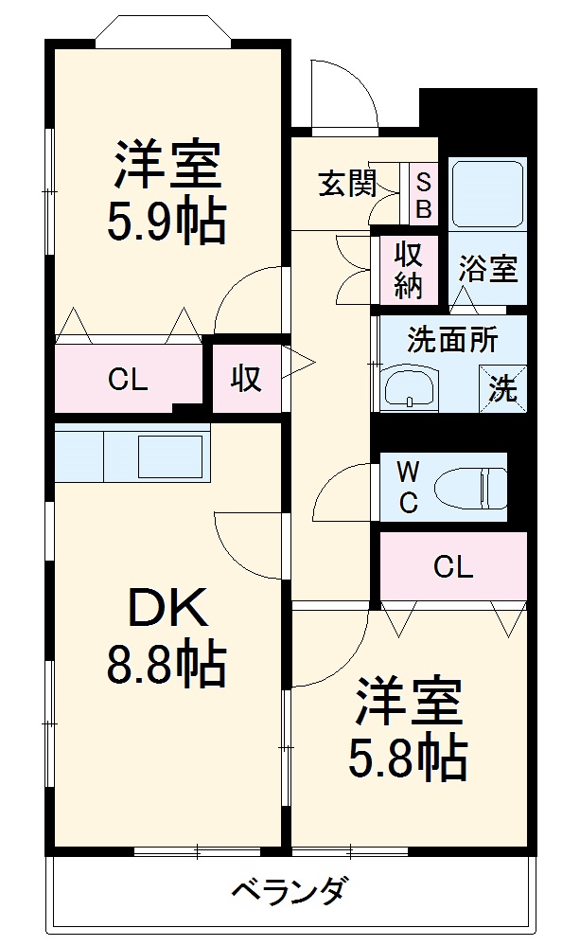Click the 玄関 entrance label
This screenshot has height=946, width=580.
click(347, 184)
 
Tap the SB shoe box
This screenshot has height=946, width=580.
click(423, 194)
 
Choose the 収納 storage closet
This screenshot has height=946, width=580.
click(408, 270)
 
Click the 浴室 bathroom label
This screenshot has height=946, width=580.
click(488, 270)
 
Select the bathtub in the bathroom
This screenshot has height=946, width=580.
click(487, 194)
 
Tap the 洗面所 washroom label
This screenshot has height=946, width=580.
click(452, 339)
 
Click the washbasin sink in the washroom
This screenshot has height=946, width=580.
click(409, 388)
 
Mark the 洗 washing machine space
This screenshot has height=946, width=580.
click(502, 388)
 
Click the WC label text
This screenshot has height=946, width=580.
click(407, 487)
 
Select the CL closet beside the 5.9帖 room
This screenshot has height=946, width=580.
click(127, 380)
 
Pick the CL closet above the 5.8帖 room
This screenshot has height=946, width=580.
click(452, 567)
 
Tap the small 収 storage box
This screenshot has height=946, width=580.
click(246, 379)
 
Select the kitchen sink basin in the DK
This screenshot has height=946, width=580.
click(170, 455)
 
